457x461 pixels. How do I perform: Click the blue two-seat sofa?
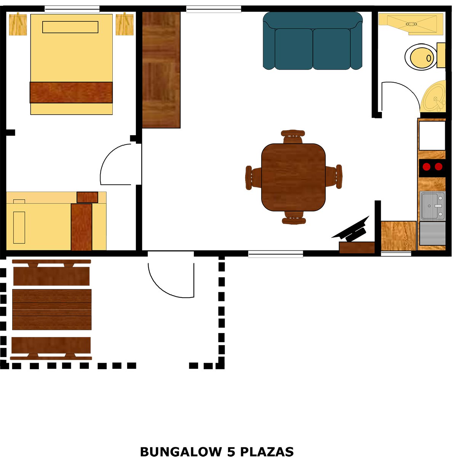[x=313, y=41]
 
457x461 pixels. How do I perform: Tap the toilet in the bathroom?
[x=425, y=57]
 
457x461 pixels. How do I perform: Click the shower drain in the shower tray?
[x=411, y=24]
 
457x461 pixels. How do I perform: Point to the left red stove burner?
[x=426, y=166]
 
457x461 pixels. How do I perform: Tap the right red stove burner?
[x=438, y=166]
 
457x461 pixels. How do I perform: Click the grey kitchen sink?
[x=433, y=206]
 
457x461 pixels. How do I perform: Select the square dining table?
[x=293, y=177]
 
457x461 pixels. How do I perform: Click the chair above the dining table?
[x=293, y=136]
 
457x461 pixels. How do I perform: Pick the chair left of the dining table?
[x=253, y=178]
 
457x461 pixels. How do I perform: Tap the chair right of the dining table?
[x=334, y=176]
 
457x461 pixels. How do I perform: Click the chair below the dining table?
[x=294, y=218]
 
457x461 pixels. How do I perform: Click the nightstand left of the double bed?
[x=18, y=24]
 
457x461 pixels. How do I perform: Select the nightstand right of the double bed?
[x=125, y=24]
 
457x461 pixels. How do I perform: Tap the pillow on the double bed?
[x=70, y=27]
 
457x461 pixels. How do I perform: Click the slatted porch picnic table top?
[x=52, y=309]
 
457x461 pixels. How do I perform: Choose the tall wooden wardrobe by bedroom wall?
[x=161, y=70]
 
